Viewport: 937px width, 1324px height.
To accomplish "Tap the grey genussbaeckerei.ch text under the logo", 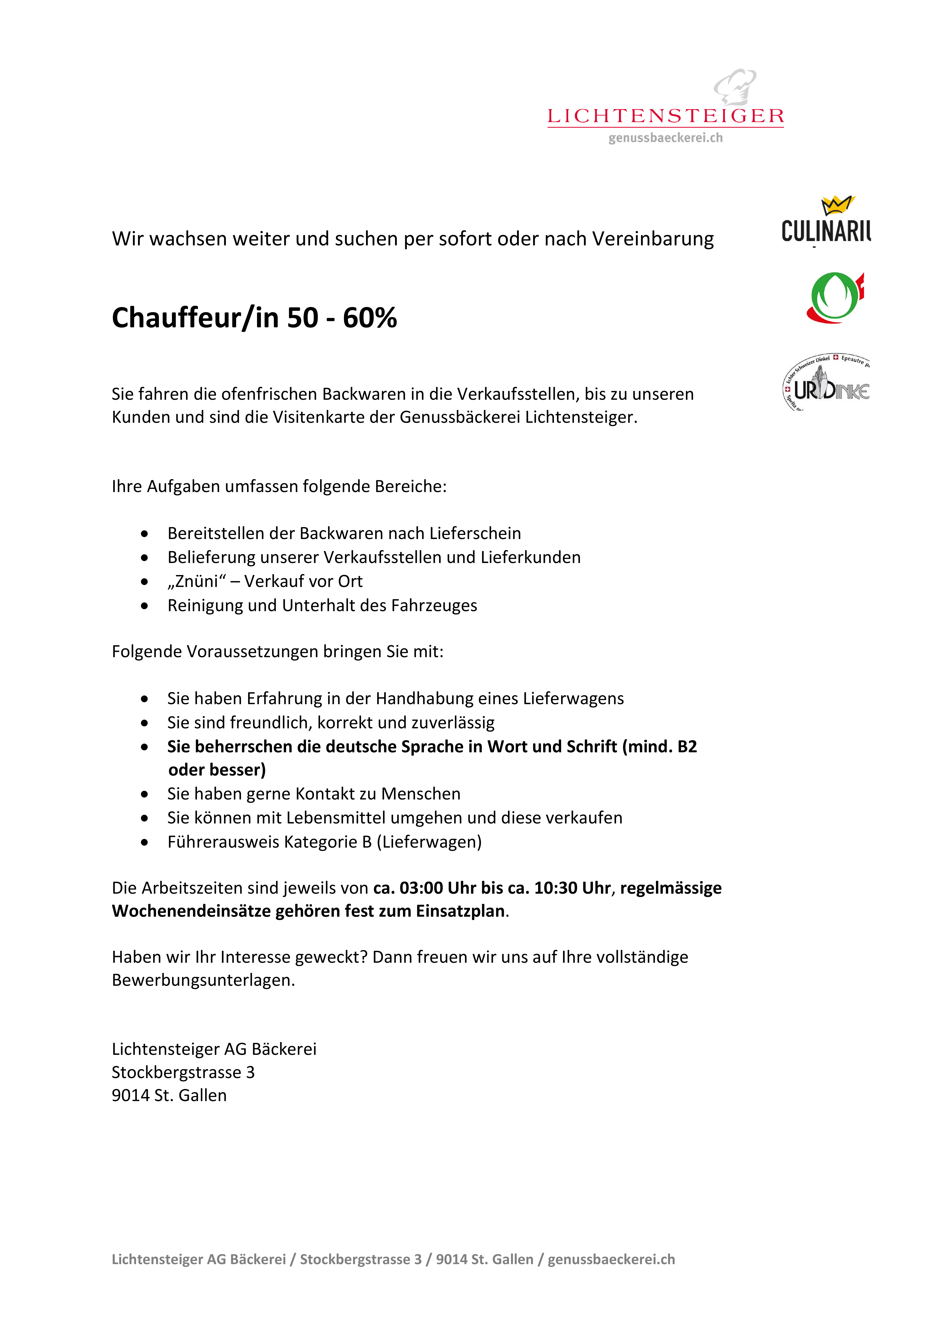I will click(x=665, y=138).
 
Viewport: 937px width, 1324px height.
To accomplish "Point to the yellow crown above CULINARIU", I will click(x=837, y=205).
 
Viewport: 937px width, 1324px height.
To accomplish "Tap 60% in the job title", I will click(x=370, y=318).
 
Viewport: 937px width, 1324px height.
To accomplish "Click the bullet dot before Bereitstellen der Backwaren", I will click(x=144, y=534).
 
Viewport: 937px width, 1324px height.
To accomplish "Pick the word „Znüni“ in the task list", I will click(x=196, y=581).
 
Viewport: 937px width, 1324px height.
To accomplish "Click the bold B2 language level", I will click(x=687, y=747).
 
